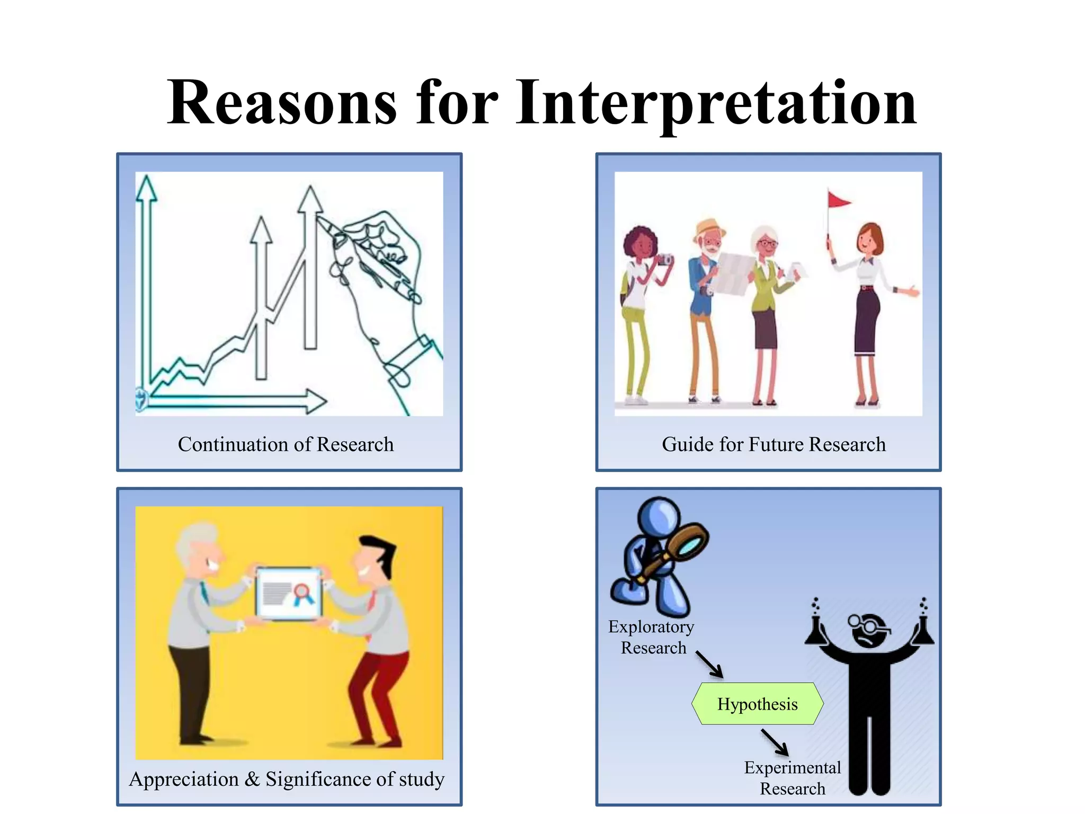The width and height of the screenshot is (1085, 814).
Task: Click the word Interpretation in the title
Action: click(716, 103)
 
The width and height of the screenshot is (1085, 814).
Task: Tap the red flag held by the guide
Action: click(838, 200)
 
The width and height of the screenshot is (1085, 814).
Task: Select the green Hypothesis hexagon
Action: click(757, 704)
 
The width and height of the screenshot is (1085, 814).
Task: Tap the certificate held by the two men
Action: click(289, 594)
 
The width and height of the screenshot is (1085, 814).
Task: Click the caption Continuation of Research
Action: click(286, 444)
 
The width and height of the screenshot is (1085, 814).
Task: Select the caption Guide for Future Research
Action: click(773, 444)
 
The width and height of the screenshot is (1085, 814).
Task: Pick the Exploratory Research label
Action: click(652, 637)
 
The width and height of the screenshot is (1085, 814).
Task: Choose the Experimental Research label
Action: click(792, 778)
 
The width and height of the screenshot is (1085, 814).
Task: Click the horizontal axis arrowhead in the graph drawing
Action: click(316, 401)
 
